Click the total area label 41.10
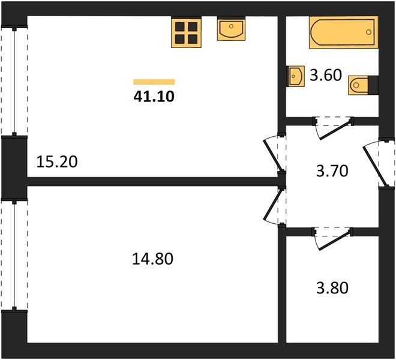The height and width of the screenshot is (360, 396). tap(154, 96)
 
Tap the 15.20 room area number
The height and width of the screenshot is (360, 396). tap(57, 162)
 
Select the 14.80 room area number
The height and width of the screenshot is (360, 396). tap(152, 259)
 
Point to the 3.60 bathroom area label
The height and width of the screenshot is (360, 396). tap(326, 75)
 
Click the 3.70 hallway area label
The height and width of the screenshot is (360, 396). tap(332, 171)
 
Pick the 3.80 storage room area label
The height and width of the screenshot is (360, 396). tap(332, 288)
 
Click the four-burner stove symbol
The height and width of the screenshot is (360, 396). tap(187, 32)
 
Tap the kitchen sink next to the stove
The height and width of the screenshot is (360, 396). tap(231, 29)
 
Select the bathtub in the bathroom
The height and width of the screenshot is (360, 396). tap(343, 32)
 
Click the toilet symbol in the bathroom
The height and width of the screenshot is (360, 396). tap(363, 85)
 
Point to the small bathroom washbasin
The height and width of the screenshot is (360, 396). tap(296, 77)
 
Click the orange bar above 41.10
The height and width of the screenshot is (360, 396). tap(154, 82)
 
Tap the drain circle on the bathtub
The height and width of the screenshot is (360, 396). tap(368, 32)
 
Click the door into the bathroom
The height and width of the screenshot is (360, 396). tap(334, 128)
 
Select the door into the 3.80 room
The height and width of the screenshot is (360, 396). tap(333, 238)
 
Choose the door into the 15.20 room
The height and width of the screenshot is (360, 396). tap(275, 155)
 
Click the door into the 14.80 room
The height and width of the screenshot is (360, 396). tap(275, 205)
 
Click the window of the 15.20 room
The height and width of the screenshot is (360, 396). tap(14, 81)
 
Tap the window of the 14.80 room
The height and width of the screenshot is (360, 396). tap(14, 256)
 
